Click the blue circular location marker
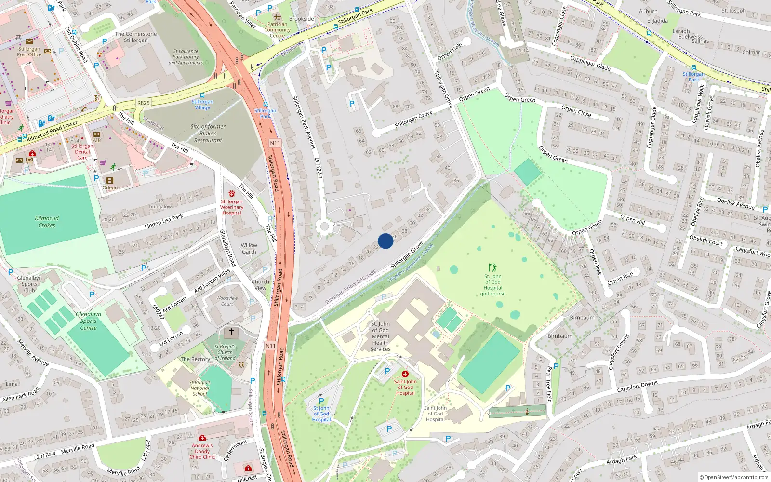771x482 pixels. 385,241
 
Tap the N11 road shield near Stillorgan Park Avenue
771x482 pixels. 275,143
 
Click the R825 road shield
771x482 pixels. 144,103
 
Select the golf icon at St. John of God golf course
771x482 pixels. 492,268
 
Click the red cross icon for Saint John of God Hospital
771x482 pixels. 405,374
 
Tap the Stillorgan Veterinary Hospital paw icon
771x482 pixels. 232,193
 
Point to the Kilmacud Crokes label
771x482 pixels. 47,222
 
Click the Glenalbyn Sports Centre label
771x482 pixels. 88,321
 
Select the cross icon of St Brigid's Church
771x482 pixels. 231,332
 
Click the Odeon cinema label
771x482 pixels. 110,187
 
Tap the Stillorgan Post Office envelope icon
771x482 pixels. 29,41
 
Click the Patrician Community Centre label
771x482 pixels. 277,30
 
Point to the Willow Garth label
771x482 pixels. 249,248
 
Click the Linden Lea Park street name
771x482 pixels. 164,222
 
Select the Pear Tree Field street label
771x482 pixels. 548,384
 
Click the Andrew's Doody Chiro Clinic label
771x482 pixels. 202,451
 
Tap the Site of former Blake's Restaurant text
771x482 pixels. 208,134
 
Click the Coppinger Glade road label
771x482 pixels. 590,63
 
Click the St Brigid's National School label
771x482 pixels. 199,388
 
